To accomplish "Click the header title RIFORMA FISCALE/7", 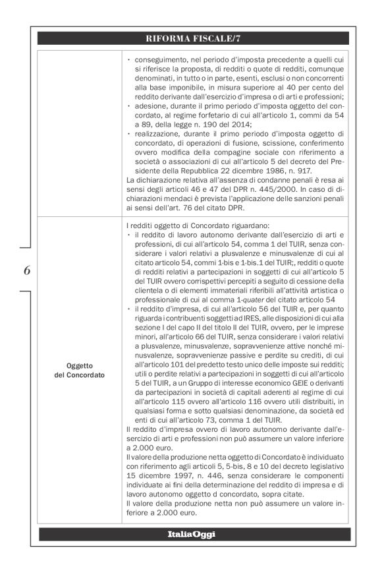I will [x=194, y=38].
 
